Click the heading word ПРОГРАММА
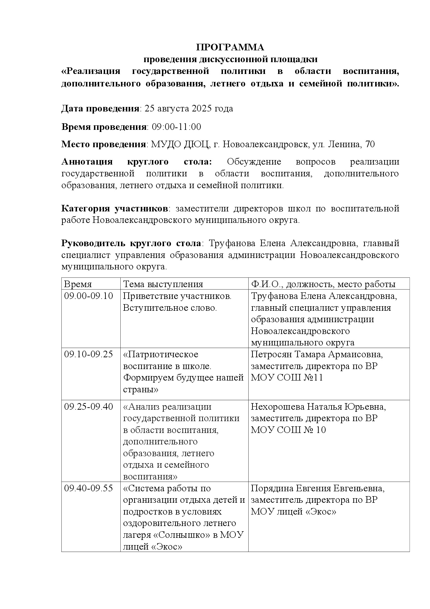[x=230, y=47]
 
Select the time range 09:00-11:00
[x=177, y=127]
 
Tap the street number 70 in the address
[x=370, y=144]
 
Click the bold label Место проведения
[x=103, y=144]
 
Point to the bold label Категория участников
[x=115, y=209]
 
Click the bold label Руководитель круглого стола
[x=131, y=243]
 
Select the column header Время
[x=78, y=284]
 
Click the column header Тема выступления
[x=163, y=284]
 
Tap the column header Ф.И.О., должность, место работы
[x=323, y=284]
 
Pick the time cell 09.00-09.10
[x=89, y=296]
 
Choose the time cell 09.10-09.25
[x=89, y=354]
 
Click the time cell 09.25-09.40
[x=89, y=407]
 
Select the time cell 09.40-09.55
[x=89, y=488]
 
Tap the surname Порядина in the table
[x=272, y=488]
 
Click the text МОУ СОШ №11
[x=287, y=378]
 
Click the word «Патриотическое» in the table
[x=161, y=354]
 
